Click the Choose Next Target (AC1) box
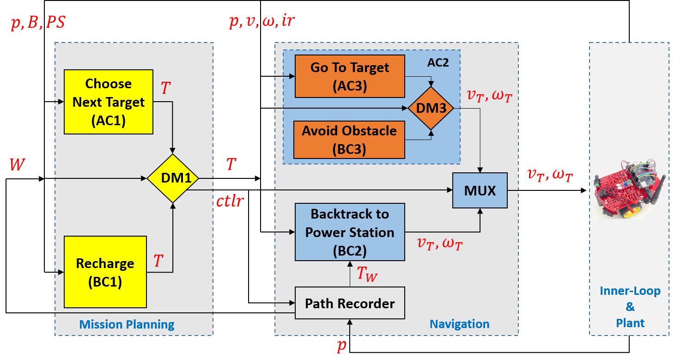[x=109, y=102]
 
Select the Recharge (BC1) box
[x=105, y=272]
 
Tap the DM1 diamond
[x=173, y=178]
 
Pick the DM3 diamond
[x=431, y=108]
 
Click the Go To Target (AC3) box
[x=350, y=76]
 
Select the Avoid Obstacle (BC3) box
[x=349, y=140]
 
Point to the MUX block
[x=480, y=191]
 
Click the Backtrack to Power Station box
[x=350, y=232]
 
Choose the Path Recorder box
[x=350, y=303]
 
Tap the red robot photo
[x=629, y=189]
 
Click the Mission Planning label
[x=127, y=325]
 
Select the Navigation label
[x=459, y=324]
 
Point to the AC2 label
[x=438, y=63]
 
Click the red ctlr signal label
[x=230, y=201]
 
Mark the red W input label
[x=17, y=165]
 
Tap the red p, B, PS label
[x=38, y=22]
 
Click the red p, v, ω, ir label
[x=262, y=21]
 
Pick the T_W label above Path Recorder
[x=367, y=273]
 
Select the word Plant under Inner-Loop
[x=630, y=323]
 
